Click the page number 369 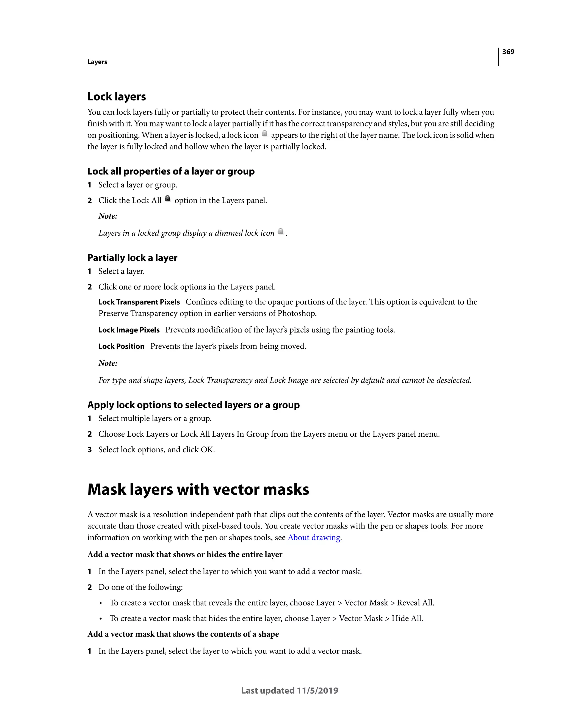(x=508, y=52)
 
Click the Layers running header (x=97, y=62)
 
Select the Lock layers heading (x=117, y=96)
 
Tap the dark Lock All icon (x=167, y=199)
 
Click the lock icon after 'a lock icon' (x=264, y=134)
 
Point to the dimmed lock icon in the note (x=280, y=231)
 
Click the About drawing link (x=314, y=538)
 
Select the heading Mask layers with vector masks (x=198, y=489)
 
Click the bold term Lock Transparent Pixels (x=139, y=302)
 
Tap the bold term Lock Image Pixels (x=129, y=330)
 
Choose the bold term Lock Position (x=122, y=347)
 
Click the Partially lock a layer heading (x=132, y=258)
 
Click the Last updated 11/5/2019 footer (x=289, y=691)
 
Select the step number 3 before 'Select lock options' (x=89, y=450)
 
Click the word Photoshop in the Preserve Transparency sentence (x=296, y=314)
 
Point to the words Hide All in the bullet (x=407, y=619)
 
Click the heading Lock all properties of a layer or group (x=170, y=171)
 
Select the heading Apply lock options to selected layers (x=193, y=405)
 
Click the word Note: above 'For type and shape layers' (x=108, y=363)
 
